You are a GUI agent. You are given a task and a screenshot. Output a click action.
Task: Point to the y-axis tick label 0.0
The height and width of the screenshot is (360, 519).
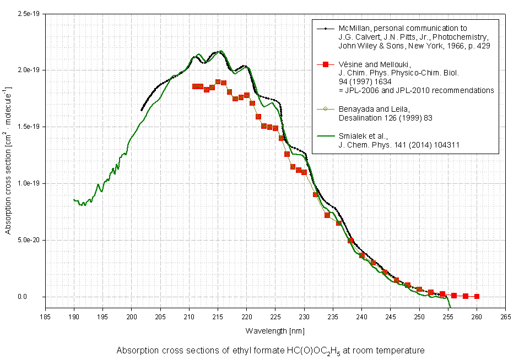coord(36,297)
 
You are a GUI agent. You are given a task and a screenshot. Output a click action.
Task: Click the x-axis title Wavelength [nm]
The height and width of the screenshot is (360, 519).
coord(275,331)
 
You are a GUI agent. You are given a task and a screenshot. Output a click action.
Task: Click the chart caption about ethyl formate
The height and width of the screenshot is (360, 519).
coord(271,351)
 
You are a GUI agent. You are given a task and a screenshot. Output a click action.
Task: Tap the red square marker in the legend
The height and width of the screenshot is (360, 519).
coord(325,64)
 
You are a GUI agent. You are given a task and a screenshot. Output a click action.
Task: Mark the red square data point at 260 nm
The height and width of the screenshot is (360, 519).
coord(477,296)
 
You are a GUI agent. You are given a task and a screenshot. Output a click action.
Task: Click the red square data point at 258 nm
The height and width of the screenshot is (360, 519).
coord(466,296)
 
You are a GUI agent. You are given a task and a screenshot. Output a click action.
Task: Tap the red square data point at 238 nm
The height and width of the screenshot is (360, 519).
coord(350,241)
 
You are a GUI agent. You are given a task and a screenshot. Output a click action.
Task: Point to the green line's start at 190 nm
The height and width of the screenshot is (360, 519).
coord(74,200)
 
